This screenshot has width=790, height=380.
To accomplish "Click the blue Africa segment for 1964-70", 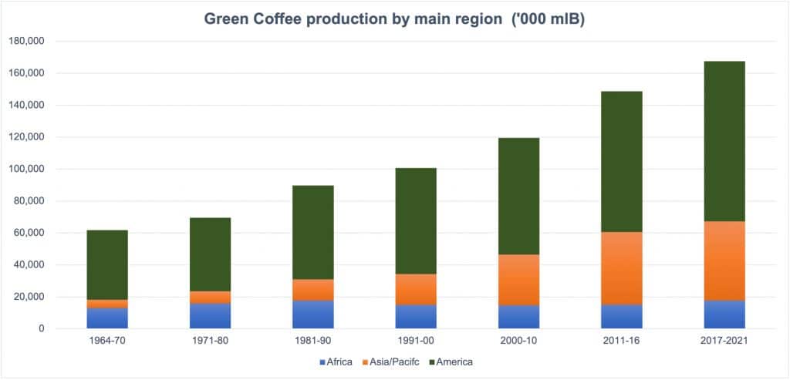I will [107, 318].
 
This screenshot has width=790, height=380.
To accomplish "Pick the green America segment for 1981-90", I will [312, 232].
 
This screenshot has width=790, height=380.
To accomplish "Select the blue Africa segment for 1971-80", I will [210, 316].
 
